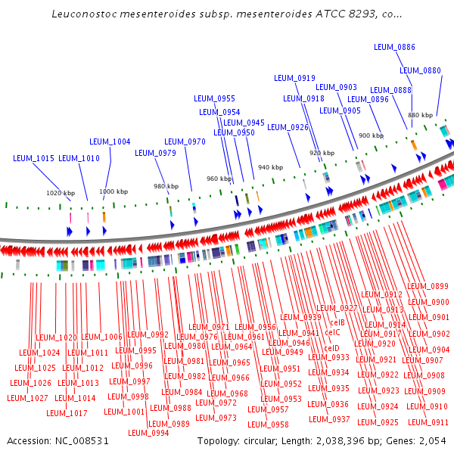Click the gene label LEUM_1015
[33, 159]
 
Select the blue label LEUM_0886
[394, 48]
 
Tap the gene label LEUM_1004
[110, 141]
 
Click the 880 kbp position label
[420, 115]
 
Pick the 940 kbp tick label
[270, 167]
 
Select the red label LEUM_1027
[29, 397]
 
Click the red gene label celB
[337, 322]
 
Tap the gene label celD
[331, 348]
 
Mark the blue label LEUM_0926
[288, 127]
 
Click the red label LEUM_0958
[268, 424]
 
